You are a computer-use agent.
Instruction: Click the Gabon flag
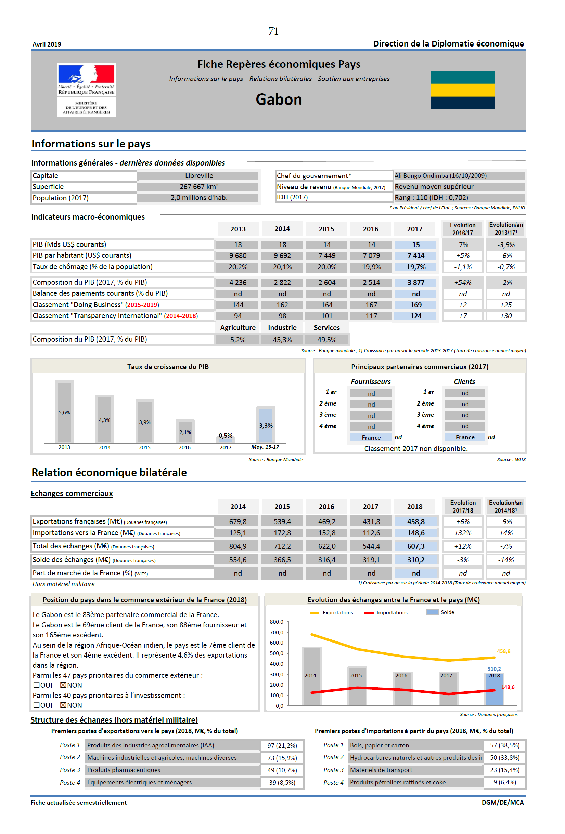click(463, 90)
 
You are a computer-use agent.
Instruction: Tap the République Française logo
click(86, 90)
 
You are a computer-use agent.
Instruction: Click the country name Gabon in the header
click(279, 100)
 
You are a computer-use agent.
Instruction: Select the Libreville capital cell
click(199, 176)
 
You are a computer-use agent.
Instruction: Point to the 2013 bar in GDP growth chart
click(64, 412)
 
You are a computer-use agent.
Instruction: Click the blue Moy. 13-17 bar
click(266, 425)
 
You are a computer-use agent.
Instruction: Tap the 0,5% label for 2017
click(226, 435)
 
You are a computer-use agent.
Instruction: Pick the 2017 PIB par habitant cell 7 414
click(415, 256)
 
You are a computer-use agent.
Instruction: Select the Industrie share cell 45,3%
click(282, 340)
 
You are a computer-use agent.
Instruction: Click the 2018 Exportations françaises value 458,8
click(415, 522)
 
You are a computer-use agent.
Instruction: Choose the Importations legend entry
click(386, 612)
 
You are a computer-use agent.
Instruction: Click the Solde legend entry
click(440, 612)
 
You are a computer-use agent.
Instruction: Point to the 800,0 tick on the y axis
click(277, 622)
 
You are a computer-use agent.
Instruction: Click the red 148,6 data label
click(508, 687)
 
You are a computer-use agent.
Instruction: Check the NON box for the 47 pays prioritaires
click(63, 685)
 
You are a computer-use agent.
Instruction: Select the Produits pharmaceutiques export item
click(124, 770)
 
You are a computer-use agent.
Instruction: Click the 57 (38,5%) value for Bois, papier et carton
click(505, 745)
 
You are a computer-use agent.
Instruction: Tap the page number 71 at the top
click(273, 31)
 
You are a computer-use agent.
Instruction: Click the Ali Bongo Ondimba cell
click(440, 176)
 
